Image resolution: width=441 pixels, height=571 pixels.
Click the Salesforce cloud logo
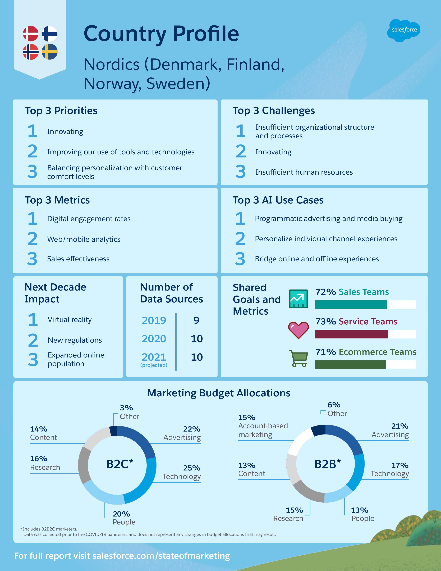coord(404,30)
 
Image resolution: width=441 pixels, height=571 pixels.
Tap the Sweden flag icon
coord(50,52)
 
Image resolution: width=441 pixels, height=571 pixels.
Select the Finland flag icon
coord(50,34)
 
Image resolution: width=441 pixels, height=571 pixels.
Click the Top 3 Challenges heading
coord(274,111)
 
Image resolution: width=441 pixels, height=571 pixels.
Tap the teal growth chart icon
coord(298,299)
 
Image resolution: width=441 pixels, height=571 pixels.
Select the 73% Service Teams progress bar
coord(365,334)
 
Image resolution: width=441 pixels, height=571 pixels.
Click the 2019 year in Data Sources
coord(154,320)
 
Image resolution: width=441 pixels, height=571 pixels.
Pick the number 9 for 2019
coord(196,320)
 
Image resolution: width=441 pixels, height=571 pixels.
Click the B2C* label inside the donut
coord(120,464)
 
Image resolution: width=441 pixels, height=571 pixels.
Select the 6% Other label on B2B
coord(337,409)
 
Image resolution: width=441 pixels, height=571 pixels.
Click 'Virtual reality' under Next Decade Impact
coord(70,319)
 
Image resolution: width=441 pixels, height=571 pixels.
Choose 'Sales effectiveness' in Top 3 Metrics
coord(78,259)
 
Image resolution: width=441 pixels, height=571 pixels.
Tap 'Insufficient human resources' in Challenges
coord(304,172)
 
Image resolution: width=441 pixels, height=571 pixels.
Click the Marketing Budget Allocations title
coord(219,393)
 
